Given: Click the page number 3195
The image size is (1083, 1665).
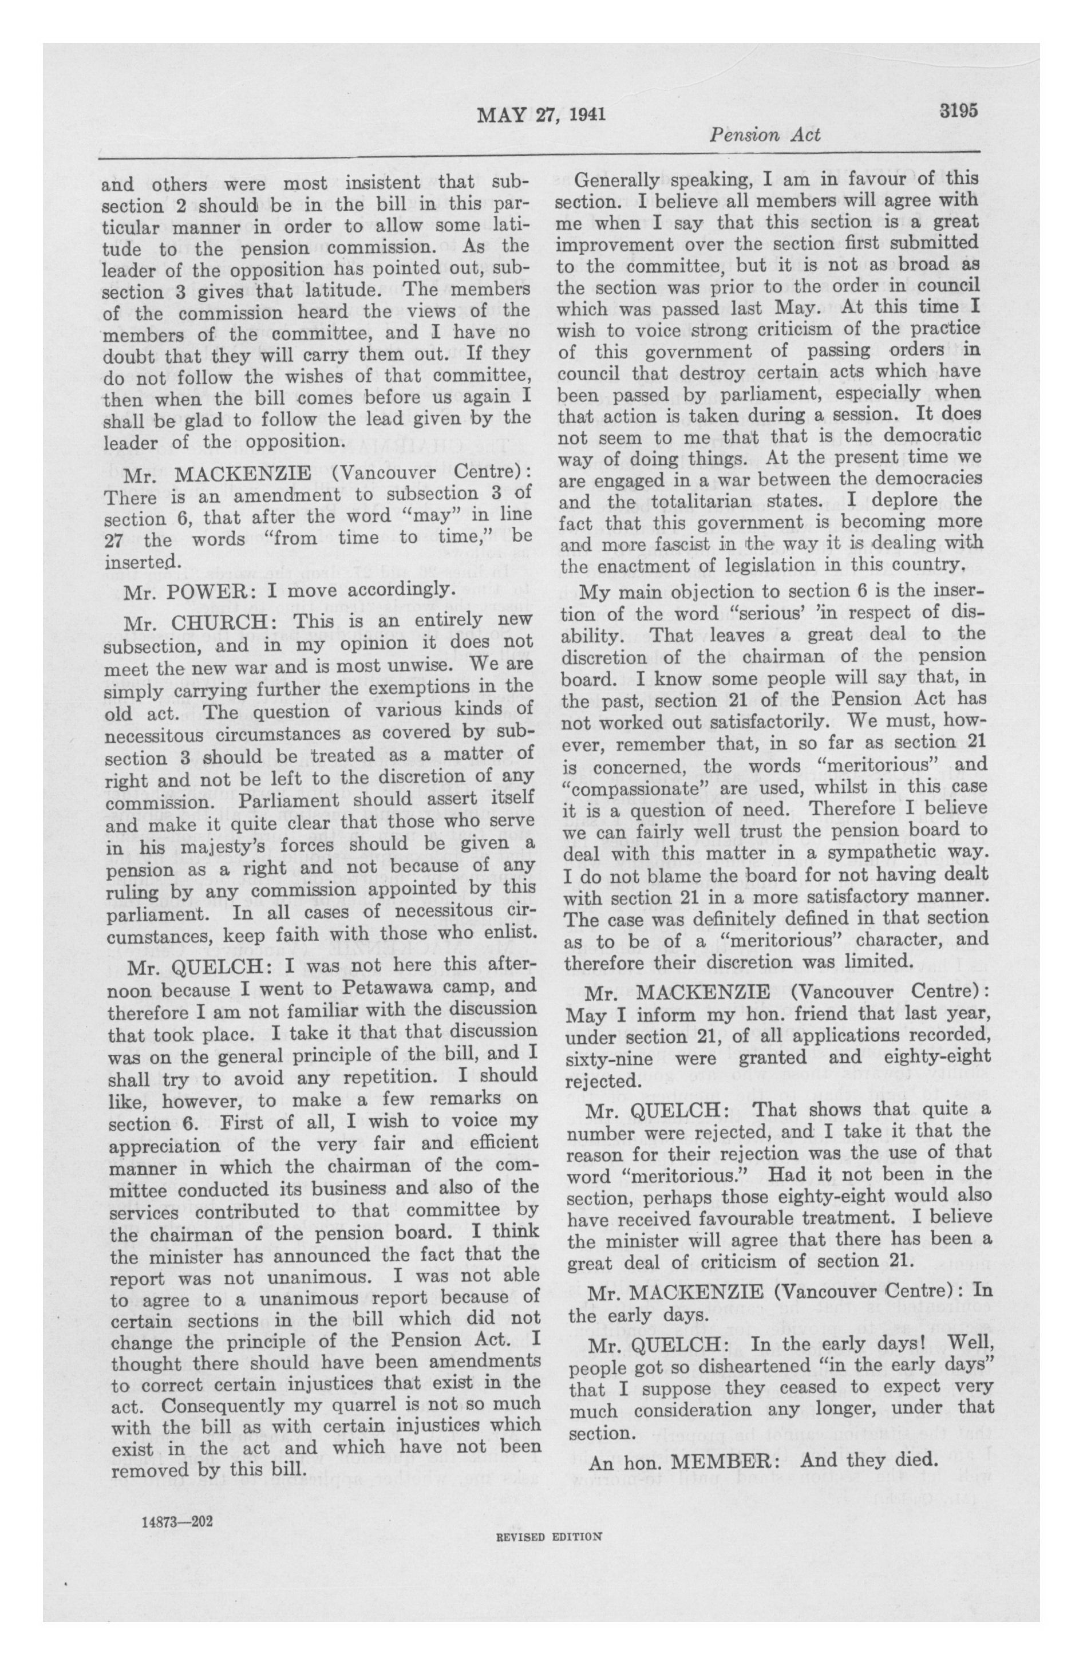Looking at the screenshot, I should coord(957,111).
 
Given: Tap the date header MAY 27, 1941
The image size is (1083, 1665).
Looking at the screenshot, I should coord(541,115).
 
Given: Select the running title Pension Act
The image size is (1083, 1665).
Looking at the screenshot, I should coord(765,135).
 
